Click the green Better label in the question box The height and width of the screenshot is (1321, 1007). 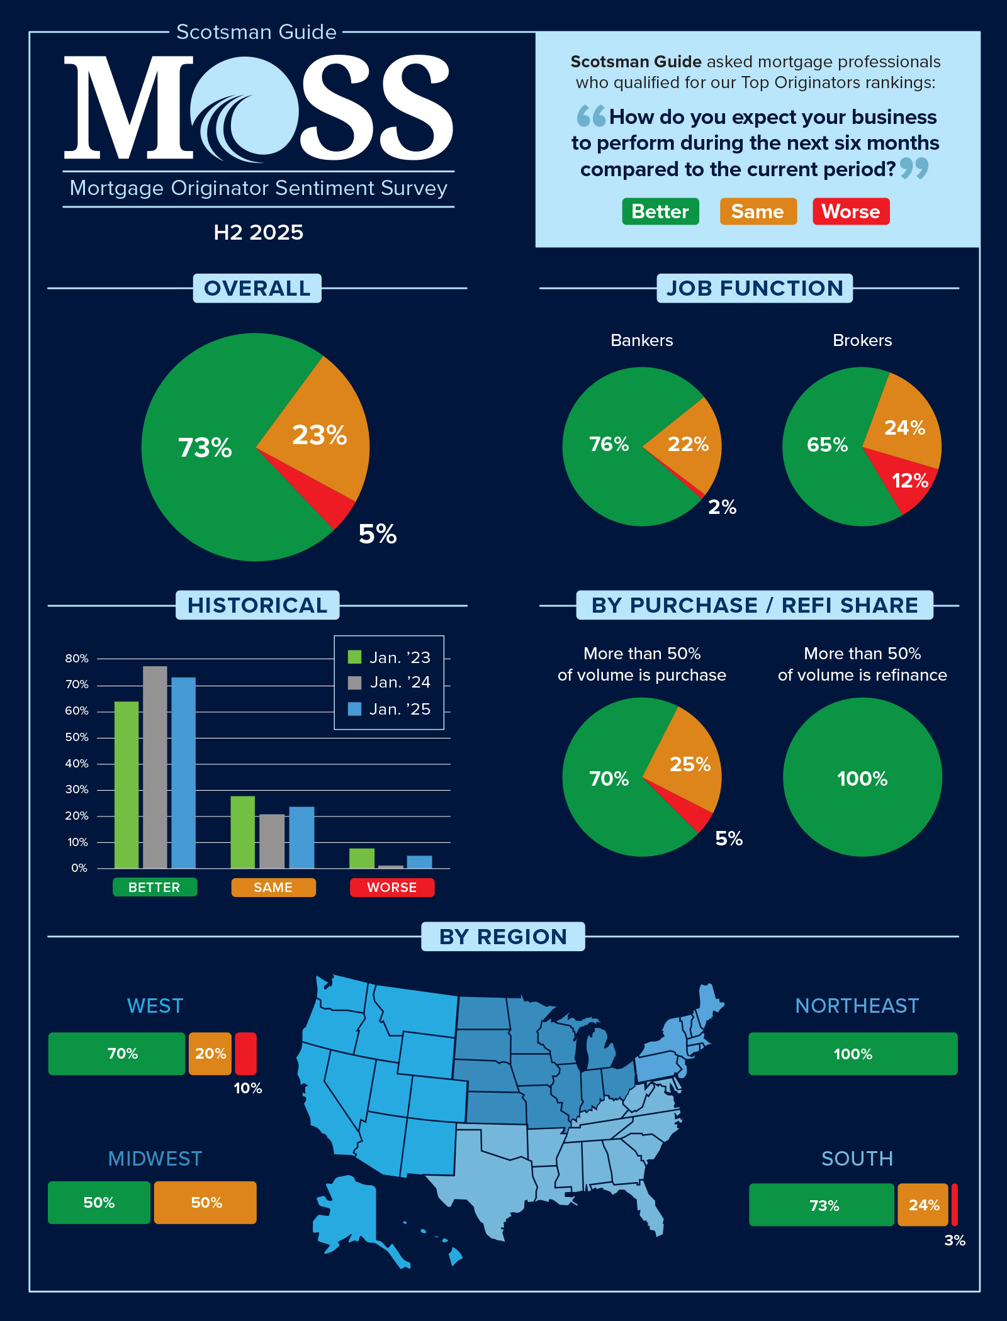[660, 211]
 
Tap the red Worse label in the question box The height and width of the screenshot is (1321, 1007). [850, 211]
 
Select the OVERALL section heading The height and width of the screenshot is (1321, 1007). [257, 288]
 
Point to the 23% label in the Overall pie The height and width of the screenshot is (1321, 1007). [319, 435]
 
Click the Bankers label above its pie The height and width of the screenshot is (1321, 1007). [641, 340]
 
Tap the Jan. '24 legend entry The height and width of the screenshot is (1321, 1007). [389, 683]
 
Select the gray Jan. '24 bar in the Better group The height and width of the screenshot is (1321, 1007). [155, 767]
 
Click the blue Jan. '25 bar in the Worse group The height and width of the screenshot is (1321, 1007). [419, 862]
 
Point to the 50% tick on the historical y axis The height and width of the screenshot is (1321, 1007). [77, 737]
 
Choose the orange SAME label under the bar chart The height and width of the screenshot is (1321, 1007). [273, 888]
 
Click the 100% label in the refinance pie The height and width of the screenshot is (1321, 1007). [862, 779]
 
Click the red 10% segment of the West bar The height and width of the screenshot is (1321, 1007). [245, 1054]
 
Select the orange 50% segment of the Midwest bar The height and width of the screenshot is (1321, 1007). [205, 1203]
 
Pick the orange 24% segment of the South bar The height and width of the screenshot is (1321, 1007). [923, 1205]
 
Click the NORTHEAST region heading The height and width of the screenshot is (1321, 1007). [857, 1006]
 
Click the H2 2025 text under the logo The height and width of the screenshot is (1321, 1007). [258, 233]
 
